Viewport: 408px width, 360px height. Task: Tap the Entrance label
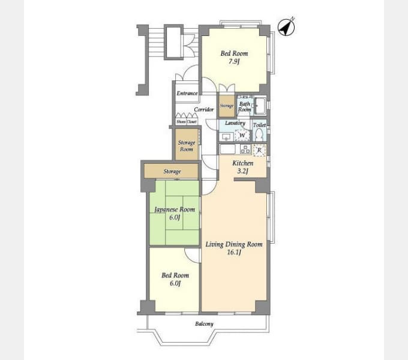click(187, 94)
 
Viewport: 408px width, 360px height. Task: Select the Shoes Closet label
click(187, 122)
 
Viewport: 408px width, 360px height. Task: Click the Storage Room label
click(187, 146)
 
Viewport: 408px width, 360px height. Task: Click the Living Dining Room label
click(234, 244)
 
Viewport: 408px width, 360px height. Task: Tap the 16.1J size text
click(234, 253)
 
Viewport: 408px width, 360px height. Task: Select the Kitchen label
click(242, 163)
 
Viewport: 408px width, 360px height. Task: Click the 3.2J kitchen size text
click(242, 172)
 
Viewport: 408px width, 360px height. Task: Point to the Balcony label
click(204, 324)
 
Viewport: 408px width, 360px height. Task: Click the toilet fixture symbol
click(259, 134)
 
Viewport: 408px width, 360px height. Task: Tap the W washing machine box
click(242, 136)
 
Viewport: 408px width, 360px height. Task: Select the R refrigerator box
click(259, 150)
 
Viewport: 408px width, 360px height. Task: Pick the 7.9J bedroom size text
click(234, 61)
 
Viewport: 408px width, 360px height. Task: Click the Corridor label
click(204, 109)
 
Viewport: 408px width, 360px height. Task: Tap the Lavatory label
click(235, 123)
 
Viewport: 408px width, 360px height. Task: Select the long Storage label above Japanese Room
click(172, 172)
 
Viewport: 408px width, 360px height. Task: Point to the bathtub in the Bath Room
click(260, 106)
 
